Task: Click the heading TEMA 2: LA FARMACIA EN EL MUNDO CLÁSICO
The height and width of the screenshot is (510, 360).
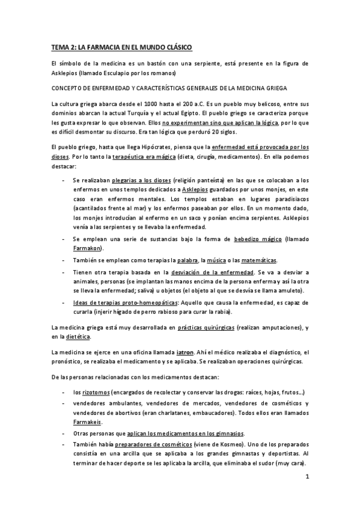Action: pos(121,47)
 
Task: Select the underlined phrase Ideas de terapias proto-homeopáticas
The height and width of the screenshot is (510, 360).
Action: pos(125,303)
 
